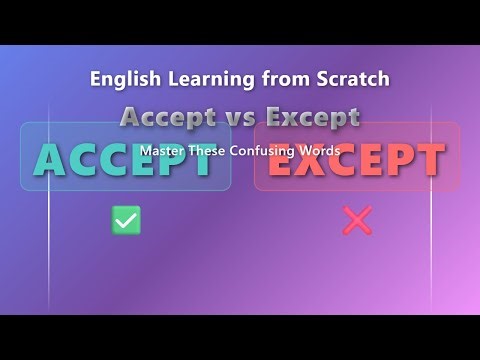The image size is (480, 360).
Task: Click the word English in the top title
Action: [122, 77]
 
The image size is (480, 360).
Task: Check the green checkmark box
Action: [126, 220]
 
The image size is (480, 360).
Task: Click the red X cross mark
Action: [356, 220]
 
